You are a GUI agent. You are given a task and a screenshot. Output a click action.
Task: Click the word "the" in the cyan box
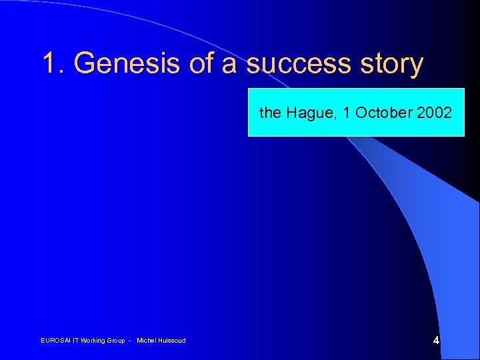[270, 113]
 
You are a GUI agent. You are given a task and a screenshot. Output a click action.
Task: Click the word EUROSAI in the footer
[55, 341]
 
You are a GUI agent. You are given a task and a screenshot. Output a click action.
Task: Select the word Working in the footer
[94, 341]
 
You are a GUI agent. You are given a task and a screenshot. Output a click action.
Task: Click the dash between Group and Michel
[130, 341]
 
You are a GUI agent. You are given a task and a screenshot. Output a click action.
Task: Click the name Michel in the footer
[146, 341]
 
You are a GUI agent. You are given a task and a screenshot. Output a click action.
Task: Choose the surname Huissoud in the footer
[171, 341]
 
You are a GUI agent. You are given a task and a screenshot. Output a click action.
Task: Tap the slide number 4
[436, 340]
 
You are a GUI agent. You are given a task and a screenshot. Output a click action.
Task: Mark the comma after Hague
[335, 117]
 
